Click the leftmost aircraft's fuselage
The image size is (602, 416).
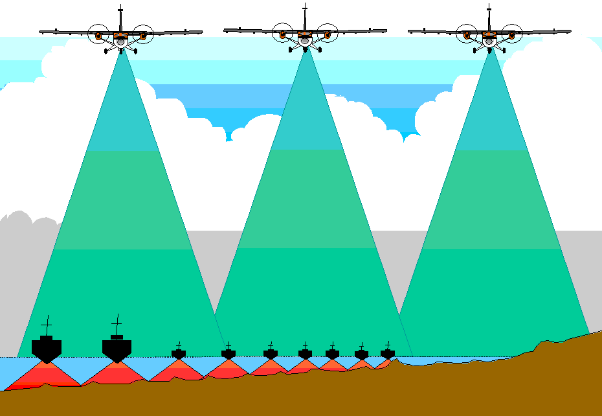click(x=120, y=35)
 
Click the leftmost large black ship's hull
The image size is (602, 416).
click(x=47, y=350)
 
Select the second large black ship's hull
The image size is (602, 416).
click(x=117, y=350)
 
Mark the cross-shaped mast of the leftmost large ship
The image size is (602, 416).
click(x=47, y=324)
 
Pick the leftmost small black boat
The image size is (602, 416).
click(x=179, y=354)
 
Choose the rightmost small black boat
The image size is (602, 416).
click(x=388, y=353)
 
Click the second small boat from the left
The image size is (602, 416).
click(x=228, y=354)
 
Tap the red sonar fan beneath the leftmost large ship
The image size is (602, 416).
click(x=45, y=376)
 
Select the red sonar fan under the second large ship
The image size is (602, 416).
click(x=115, y=375)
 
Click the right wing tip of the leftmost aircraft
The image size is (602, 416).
click(x=199, y=32)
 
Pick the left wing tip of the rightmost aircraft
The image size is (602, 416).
click(x=411, y=29)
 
